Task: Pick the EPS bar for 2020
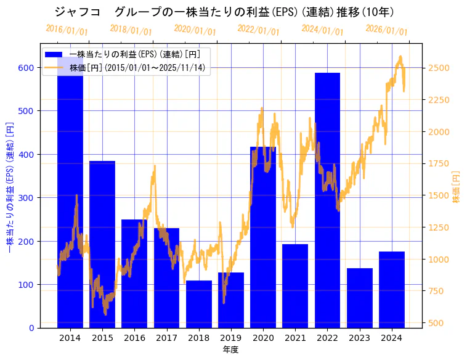click(263, 237)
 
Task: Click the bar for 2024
click(392, 290)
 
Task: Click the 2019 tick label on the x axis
click(231, 338)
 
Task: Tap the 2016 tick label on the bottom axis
click(134, 338)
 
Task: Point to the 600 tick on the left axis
click(25, 68)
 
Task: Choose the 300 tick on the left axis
click(25, 198)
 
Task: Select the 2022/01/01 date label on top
click(258, 30)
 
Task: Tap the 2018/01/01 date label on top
click(131, 30)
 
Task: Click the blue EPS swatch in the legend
click(54, 55)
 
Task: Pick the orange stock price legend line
click(54, 67)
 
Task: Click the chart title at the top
click(224, 12)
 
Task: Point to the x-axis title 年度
click(230, 350)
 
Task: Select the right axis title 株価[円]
click(457, 187)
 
